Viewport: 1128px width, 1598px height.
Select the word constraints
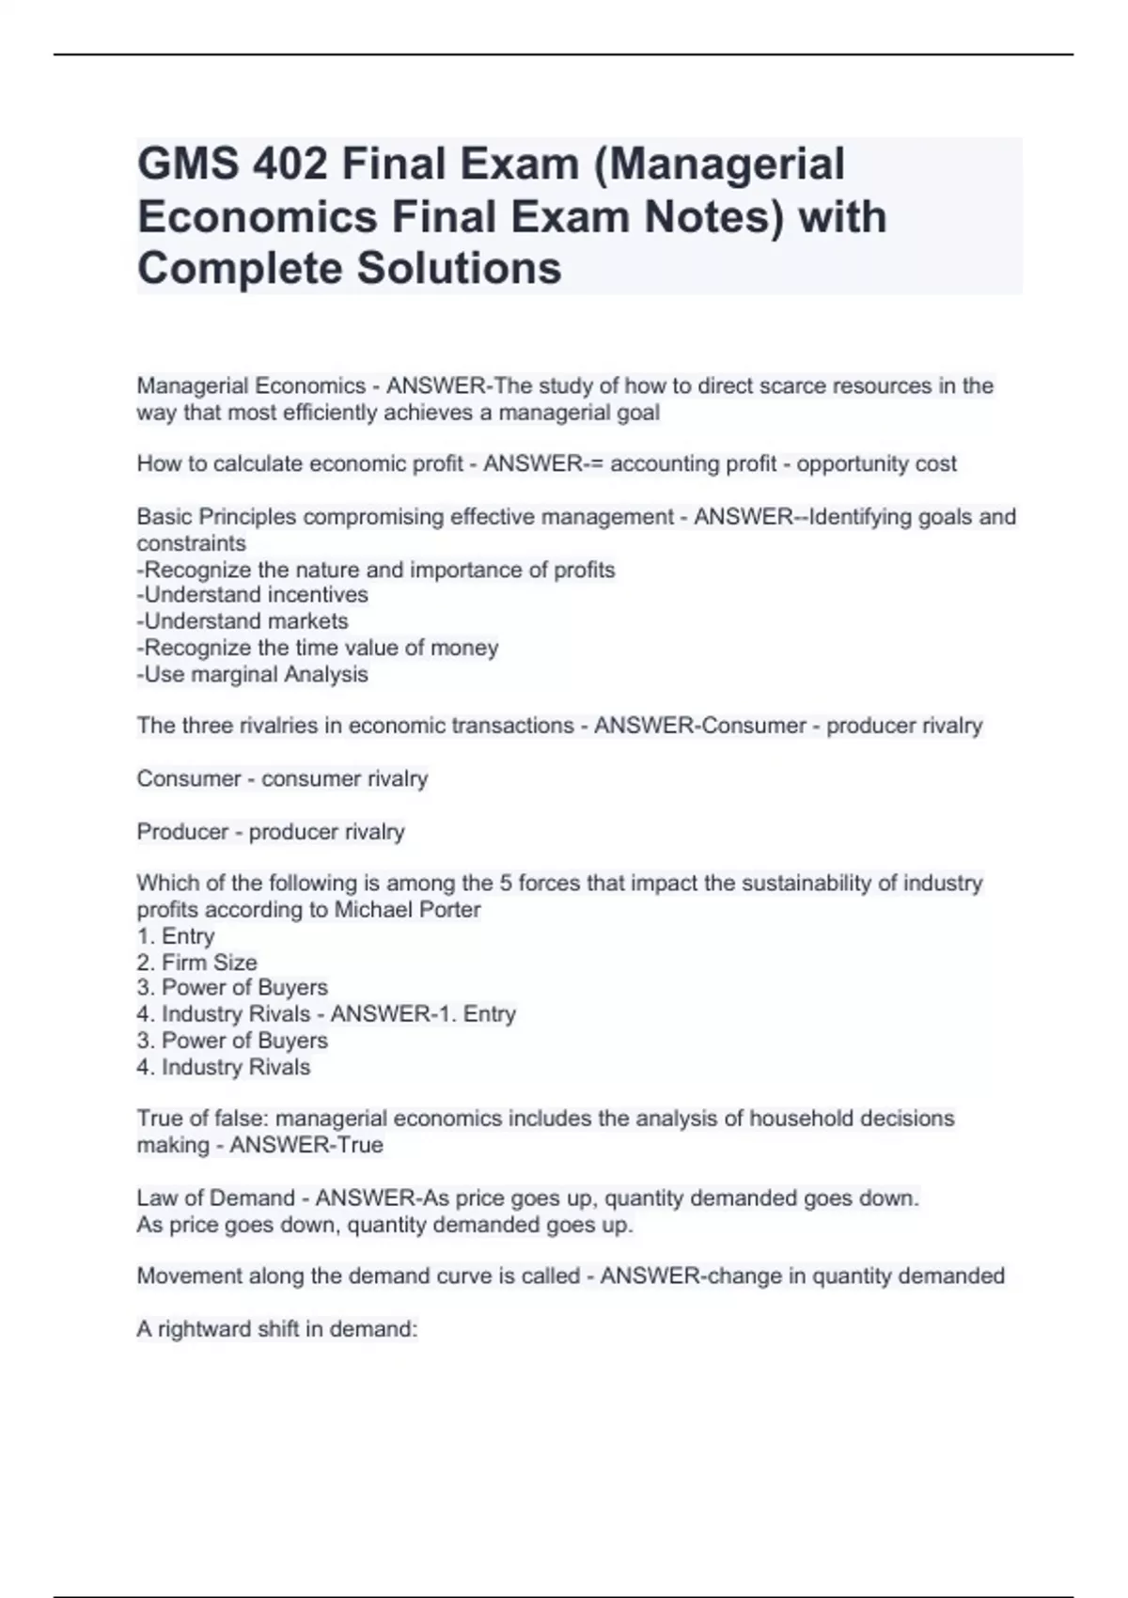pyautogui.click(x=191, y=543)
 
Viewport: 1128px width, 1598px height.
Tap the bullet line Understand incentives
pyautogui.click(x=252, y=595)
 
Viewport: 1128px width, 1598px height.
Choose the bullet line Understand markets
pyautogui.click(x=243, y=621)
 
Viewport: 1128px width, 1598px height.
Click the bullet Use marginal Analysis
pyautogui.click(x=252, y=674)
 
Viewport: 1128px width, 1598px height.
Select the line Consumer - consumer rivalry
pyautogui.click(x=282, y=778)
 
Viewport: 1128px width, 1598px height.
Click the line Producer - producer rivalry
pyautogui.click(x=271, y=832)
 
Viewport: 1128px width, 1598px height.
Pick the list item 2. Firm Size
pyautogui.click(x=196, y=963)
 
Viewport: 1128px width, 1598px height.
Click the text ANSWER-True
pyautogui.click(x=306, y=1145)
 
